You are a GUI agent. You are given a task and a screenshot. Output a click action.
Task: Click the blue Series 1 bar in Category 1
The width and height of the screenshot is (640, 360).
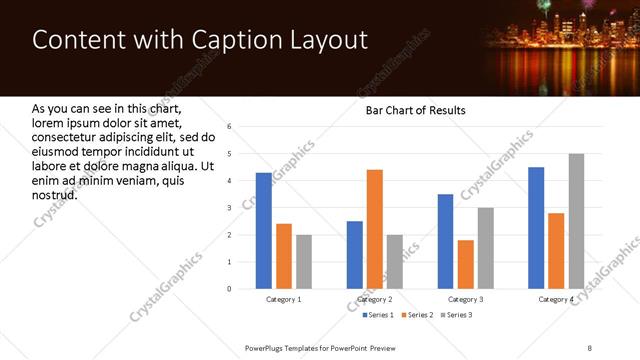tap(263, 230)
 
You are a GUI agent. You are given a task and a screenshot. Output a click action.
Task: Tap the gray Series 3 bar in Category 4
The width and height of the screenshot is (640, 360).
tap(576, 221)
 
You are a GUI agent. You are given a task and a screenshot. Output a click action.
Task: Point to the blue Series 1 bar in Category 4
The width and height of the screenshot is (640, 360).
tap(536, 228)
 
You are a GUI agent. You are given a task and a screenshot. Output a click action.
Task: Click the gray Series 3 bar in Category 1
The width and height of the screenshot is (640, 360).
tap(303, 262)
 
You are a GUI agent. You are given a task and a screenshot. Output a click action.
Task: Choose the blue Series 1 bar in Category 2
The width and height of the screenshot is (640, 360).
tap(355, 255)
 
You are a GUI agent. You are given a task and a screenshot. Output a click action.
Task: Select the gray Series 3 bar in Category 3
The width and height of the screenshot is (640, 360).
tap(485, 248)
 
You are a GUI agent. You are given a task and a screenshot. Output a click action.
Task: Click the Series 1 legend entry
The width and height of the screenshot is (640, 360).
tap(378, 316)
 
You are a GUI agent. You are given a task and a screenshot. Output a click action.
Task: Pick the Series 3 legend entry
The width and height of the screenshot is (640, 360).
tap(456, 316)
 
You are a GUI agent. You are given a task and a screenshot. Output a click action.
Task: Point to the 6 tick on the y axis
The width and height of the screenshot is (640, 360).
tap(229, 127)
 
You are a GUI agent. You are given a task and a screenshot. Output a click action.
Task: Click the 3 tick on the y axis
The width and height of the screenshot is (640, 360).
tap(229, 208)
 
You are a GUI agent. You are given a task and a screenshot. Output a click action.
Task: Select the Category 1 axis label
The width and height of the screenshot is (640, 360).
tap(284, 299)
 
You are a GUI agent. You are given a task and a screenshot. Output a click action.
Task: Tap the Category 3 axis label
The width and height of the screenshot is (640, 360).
tap(465, 299)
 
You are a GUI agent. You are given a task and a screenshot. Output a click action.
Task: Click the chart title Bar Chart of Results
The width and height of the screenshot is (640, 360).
tap(415, 110)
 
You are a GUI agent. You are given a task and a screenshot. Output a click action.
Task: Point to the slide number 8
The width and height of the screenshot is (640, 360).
tap(590, 347)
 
